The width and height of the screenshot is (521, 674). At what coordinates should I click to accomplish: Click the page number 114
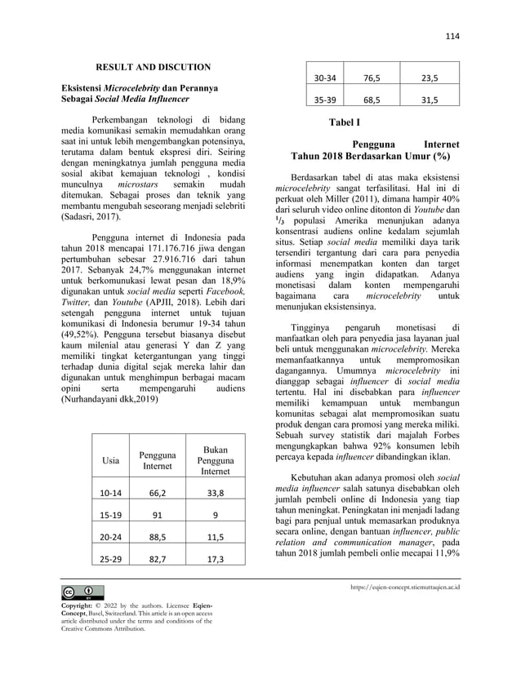pos(452,36)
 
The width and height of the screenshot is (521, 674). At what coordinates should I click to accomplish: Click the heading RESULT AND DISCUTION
pos(154,66)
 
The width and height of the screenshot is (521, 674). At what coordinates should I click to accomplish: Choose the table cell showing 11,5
pos(216,538)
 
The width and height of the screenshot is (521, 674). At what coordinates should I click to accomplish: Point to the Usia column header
pos(109,461)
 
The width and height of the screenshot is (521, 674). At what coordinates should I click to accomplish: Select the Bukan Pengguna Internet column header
pos(216,460)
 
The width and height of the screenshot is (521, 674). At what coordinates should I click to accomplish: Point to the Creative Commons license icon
pos(77,590)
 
